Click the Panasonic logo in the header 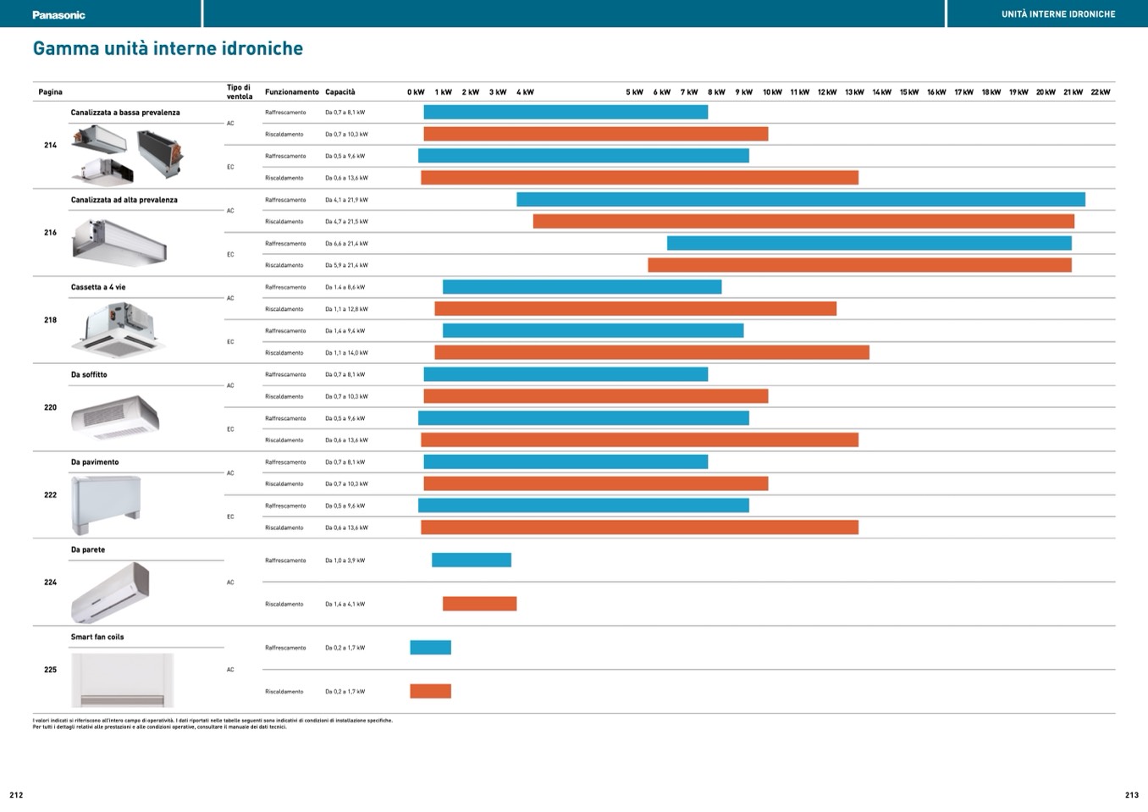58,14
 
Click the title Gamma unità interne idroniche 168,48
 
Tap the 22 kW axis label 1100,92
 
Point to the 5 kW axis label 634,92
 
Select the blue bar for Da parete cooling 472,560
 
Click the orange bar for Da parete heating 479,604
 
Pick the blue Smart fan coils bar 430,648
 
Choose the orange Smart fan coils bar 430,691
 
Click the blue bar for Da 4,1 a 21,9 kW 800,200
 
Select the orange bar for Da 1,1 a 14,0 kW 652,352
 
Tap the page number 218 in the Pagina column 50,320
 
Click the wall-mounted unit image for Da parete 110,592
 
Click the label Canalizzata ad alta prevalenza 124,200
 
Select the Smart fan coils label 97,637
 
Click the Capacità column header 340,92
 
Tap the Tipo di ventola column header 239,91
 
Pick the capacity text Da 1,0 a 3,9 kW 345,561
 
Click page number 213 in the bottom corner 1131,795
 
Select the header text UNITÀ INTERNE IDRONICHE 1058,14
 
